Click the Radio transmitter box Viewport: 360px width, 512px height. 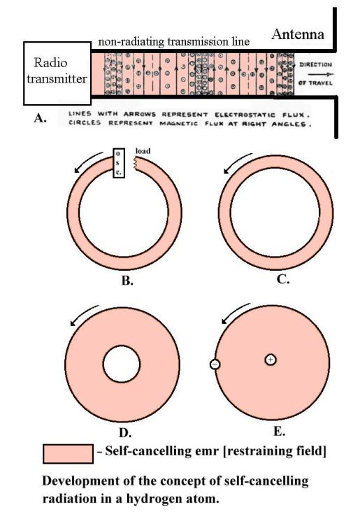point(57,73)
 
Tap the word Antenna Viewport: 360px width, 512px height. point(298,34)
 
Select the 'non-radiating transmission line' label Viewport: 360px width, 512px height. point(173,42)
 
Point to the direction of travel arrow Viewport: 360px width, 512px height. point(321,74)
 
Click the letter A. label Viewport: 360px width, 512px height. point(40,118)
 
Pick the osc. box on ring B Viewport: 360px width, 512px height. point(118,163)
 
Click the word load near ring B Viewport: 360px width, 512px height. point(143,151)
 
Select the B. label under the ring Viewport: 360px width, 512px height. point(127,280)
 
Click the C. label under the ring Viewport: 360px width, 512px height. point(282,279)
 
